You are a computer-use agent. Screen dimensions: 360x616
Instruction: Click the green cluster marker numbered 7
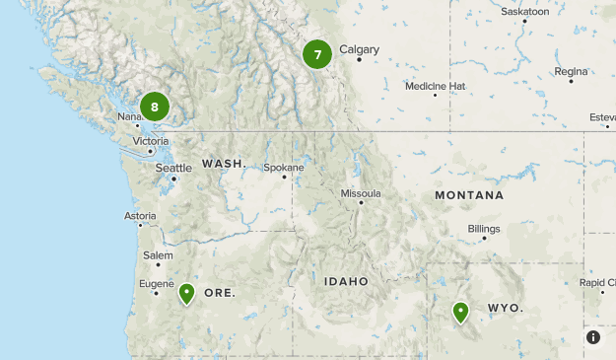(x=317, y=55)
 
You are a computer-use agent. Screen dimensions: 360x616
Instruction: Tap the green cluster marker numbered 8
(x=155, y=107)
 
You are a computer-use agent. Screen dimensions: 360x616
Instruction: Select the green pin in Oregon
(x=186, y=293)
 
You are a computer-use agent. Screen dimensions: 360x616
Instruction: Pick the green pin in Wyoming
(x=460, y=312)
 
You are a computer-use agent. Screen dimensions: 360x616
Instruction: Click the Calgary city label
(x=358, y=49)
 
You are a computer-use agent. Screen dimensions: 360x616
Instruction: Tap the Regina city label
(x=571, y=71)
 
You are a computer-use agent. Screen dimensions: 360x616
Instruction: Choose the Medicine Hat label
(x=435, y=86)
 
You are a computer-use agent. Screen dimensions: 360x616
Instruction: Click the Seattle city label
(x=173, y=168)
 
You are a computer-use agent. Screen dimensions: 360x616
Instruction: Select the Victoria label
(x=151, y=141)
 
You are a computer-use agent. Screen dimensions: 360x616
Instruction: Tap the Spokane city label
(x=283, y=168)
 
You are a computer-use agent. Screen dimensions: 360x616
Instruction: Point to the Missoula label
(x=360, y=193)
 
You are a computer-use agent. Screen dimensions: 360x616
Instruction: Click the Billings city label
(x=483, y=229)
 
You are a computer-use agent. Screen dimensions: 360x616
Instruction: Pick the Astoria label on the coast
(x=140, y=216)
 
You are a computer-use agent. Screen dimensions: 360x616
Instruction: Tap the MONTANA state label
(x=469, y=195)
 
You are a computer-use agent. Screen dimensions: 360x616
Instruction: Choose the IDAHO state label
(x=346, y=281)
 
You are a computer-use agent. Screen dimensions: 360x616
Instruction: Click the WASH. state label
(x=224, y=163)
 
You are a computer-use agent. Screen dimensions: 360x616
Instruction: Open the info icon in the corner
(x=593, y=337)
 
